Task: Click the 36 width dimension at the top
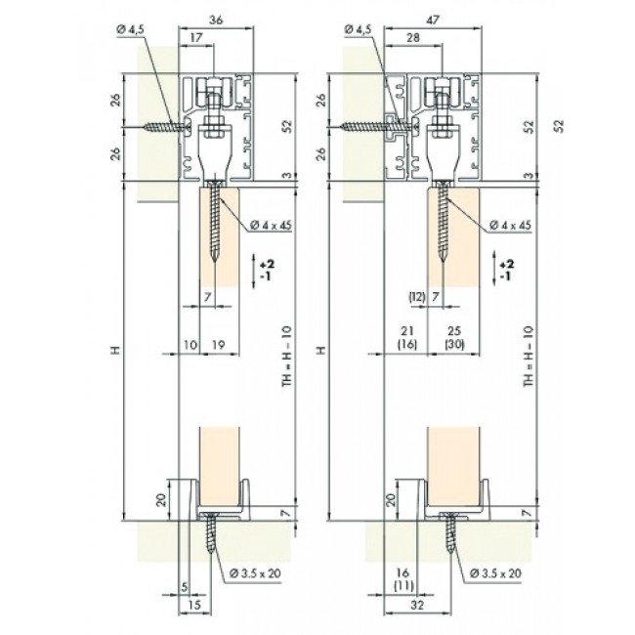[216, 20]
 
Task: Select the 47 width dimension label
[432, 20]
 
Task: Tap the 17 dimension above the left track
[195, 37]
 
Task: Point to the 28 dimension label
[412, 37]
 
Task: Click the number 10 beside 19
[190, 345]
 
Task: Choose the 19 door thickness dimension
[219, 345]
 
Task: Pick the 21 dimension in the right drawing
[407, 331]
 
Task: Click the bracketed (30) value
[454, 345]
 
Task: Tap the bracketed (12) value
[417, 297]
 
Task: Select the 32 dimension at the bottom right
[417, 605]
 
